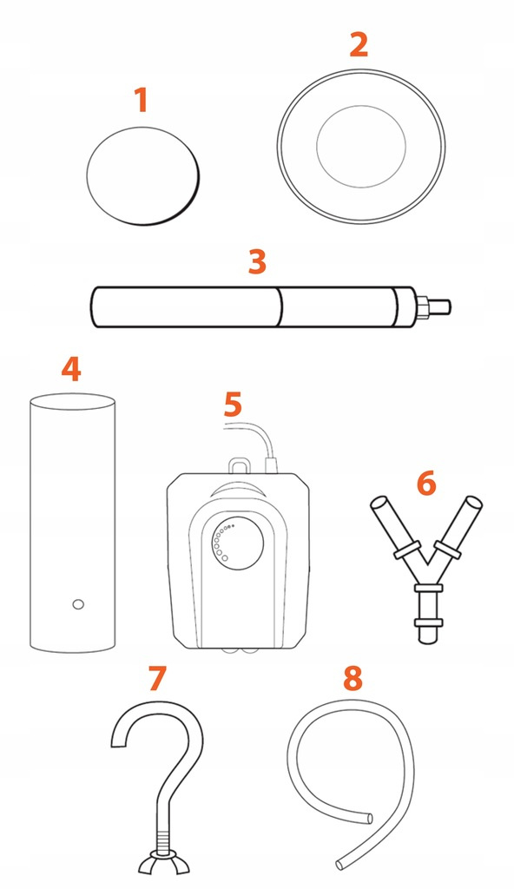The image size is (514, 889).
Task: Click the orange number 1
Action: click(x=142, y=100)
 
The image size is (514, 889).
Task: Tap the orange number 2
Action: click(x=359, y=44)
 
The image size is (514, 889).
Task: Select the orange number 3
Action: click(x=258, y=261)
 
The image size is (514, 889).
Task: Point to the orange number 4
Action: click(x=71, y=369)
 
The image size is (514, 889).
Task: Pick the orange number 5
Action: click(x=233, y=405)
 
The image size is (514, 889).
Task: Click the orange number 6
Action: click(x=426, y=484)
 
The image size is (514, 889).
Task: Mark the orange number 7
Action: click(x=157, y=678)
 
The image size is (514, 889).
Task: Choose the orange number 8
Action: click(x=353, y=678)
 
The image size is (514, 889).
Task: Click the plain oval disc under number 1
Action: click(x=143, y=175)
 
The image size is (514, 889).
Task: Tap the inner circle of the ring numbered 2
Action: click(x=361, y=146)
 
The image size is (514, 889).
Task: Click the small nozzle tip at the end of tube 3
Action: click(x=440, y=306)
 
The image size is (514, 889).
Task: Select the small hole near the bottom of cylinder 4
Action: click(x=78, y=604)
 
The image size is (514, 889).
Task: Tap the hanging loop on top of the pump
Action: click(x=240, y=465)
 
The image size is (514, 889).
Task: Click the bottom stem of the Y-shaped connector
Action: click(x=428, y=616)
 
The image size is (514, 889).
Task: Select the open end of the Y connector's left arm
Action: click(x=379, y=503)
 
